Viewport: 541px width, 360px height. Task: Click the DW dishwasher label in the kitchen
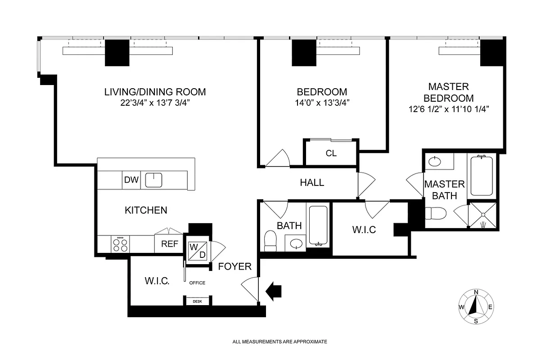131,180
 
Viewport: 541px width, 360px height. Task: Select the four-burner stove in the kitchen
120,244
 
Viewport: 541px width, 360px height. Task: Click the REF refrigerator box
169,244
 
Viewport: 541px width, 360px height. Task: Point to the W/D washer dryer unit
198,251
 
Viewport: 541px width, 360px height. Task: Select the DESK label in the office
197,301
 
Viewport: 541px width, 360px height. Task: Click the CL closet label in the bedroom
331,153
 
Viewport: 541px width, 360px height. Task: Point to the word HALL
312,183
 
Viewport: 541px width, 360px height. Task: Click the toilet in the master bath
435,213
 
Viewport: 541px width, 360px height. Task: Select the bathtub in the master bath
482,176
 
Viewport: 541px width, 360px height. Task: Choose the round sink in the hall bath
296,243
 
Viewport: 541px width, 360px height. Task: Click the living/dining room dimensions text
155,103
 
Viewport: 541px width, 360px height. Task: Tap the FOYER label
234,266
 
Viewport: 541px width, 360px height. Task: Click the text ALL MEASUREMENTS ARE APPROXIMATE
280,342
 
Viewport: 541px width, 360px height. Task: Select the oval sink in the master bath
435,162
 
